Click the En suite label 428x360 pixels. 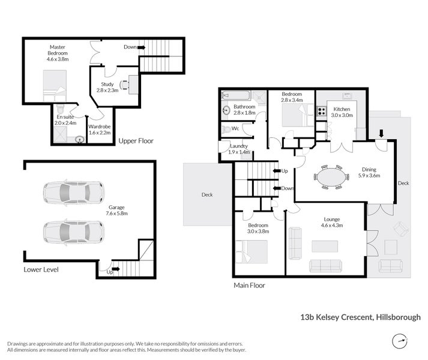point(67,120)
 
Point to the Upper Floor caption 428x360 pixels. point(136,141)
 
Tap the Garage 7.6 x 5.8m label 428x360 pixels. point(117,210)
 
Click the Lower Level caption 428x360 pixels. point(41,269)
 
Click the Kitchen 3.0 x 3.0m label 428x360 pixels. point(342,112)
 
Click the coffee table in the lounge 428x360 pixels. point(324,246)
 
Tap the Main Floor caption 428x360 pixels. point(249,286)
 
